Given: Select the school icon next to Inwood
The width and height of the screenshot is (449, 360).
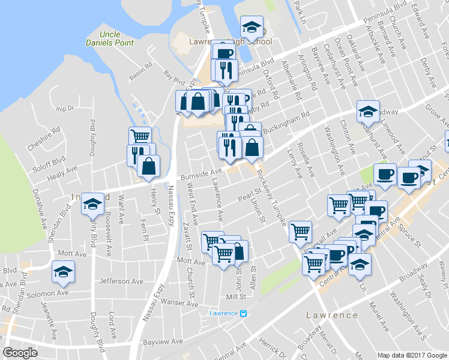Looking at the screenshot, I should click(92, 205).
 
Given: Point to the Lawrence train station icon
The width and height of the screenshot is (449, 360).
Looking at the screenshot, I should click(243, 313).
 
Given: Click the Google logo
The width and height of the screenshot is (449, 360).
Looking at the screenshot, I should click(20, 353).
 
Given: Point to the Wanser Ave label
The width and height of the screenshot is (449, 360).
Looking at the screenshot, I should click(178, 304).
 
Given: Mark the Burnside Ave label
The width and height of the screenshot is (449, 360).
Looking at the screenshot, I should click(202, 173).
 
